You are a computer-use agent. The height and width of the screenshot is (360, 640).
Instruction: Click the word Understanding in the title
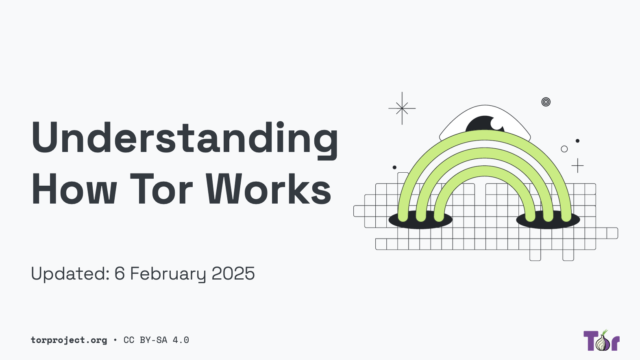[185, 138]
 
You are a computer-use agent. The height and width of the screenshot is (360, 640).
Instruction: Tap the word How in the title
[74, 189]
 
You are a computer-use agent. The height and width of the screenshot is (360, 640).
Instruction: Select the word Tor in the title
[161, 189]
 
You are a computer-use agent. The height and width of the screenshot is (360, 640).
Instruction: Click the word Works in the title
[268, 189]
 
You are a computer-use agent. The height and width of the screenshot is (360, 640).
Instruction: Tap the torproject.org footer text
[69, 340]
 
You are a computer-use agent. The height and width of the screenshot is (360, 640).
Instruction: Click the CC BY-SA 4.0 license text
[156, 340]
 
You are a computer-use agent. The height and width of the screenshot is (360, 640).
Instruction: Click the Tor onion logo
[602, 341]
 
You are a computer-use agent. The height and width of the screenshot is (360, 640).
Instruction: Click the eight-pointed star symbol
[402, 108]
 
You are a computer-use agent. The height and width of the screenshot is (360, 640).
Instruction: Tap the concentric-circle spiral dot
[546, 102]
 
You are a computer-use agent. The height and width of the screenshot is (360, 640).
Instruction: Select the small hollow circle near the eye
[564, 149]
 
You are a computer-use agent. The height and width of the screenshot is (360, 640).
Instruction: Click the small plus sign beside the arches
[577, 166]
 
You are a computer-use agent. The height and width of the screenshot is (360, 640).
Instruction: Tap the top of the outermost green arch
[485, 135]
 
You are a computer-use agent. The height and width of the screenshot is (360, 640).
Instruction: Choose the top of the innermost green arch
[485, 171]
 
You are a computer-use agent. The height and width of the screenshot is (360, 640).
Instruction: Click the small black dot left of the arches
[394, 167]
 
